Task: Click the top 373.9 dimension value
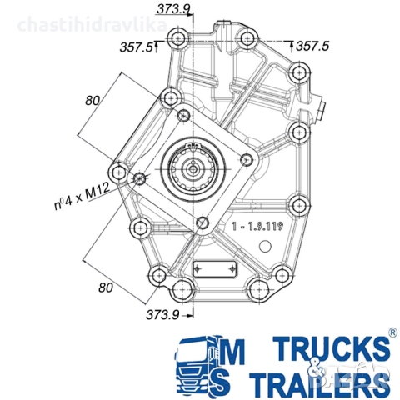pyautogui.click(x=172, y=8)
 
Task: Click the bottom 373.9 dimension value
pyautogui.click(x=163, y=314)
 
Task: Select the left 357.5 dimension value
pyautogui.click(x=137, y=47)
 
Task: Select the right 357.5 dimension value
pyautogui.click(x=314, y=47)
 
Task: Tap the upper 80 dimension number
pyautogui.click(x=92, y=100)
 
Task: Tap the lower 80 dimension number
pyautogui.click(x=105, y=287)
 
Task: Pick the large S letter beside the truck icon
pyautogui.click(x=237, y=382)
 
